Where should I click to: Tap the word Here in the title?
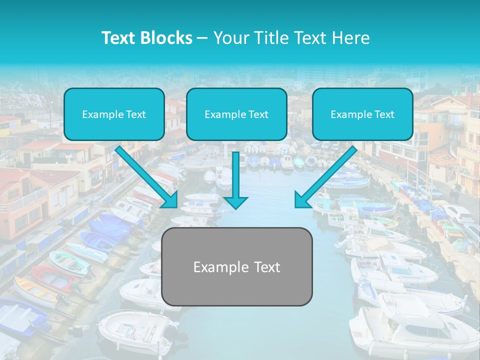coord(350,38)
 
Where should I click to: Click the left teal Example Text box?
coord(114,114)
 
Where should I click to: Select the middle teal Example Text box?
coord(236,114)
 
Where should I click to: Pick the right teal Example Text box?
coord(362,114)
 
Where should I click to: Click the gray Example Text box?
coord(237,267)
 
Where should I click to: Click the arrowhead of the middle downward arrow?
coord(236,201)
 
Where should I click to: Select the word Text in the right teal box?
coord(384,114)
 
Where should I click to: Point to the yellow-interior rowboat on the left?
coord(35,292)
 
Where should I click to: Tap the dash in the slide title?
coord(202,38)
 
